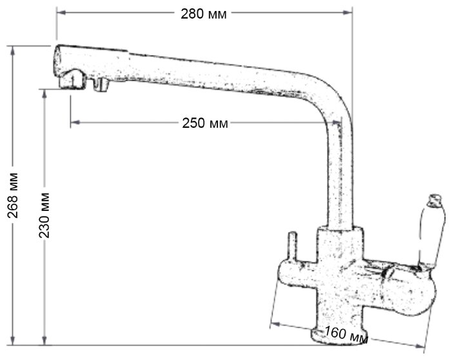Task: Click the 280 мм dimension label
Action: tap(204, 14)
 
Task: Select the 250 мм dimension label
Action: tap(205, 123)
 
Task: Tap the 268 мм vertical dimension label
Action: tap(13, 195)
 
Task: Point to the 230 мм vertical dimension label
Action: tap(44, 215)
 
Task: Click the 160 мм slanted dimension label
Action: tap(346, 335)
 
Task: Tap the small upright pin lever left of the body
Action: tap(293, 246)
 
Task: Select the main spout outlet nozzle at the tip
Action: tap(72, 80)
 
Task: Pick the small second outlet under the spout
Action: tap(100, 85)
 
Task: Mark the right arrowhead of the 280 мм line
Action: tap(348, 12)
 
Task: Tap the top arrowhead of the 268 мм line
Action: tap(12, 51)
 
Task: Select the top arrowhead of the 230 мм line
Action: tap(44, 94)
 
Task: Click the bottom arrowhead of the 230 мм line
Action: tap(44, 340)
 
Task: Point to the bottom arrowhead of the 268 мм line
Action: tap(12, 340)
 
